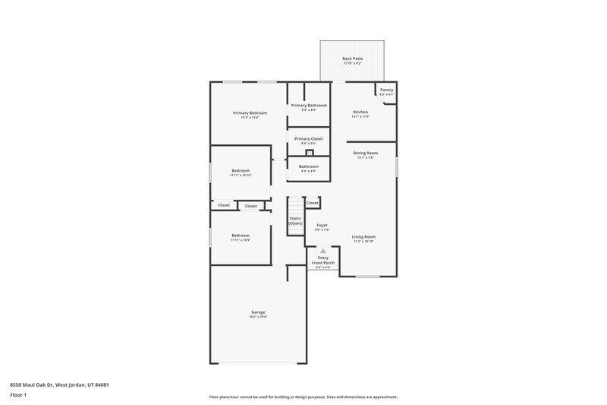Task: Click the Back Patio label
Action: click(x=351, y=58)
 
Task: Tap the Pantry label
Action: click(x=386, y=90)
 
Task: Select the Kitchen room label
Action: click(x=360, y=112)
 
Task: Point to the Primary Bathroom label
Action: click(x=309, y=105)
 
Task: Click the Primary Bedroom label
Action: click(x=250, y=112)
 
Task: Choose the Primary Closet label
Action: click(x=309, y=138)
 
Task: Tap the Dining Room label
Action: click(x=366, y=153)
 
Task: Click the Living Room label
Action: click(x=363, y=236)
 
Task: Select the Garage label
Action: click(x=258, y=312)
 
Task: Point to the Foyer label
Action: click(x=322, y=225)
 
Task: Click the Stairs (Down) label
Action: click(x=295, y=220)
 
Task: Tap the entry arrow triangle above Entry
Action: click(x=322, y=250)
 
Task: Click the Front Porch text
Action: click(x=323, y=263)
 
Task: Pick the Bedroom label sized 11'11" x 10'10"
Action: click(x=241, y=171)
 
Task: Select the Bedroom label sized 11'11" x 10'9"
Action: click(x=241, y=236)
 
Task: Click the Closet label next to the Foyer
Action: click(x=313, y=203)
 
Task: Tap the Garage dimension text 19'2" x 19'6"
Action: click(x=258, y=316)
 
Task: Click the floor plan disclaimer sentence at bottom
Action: click(x=303, y=397)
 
